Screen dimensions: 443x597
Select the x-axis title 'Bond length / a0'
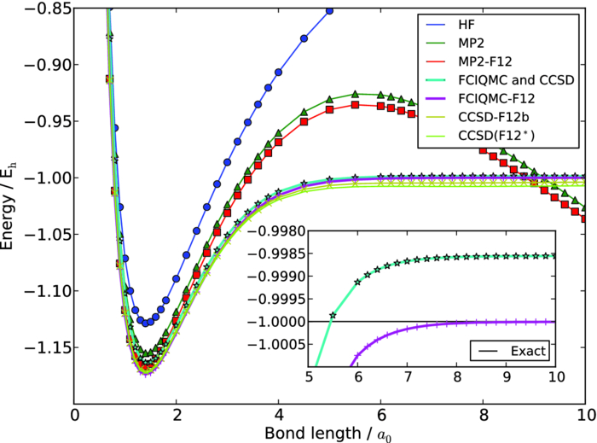330,430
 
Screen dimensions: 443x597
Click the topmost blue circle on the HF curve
329,10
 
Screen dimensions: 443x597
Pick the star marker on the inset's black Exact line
333,317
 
